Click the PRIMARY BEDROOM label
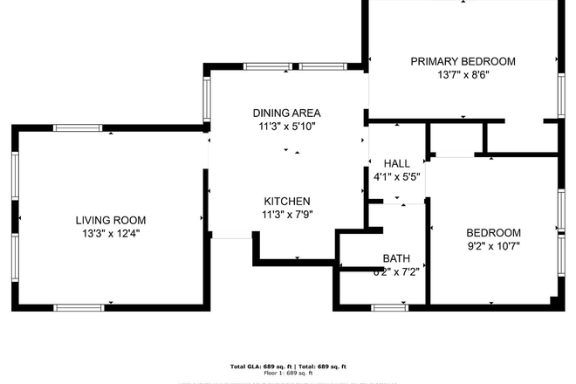click(463, 61)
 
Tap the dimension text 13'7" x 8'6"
click(463, 75)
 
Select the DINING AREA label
click(286, 113)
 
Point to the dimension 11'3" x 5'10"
click(286, 127)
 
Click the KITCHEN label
click(286, 202)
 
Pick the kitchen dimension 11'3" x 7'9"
click(286, 216)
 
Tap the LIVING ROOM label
click(110, 220)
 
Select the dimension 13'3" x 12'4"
click(110, 234)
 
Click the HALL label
click(396, 163)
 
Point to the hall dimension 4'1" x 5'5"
click(396, 177)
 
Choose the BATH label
click(396, 258)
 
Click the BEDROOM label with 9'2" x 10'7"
click(493, 232)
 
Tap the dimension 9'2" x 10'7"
click(493, 246)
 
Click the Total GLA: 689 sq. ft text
click(260, 366)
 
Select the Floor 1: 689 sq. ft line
click(288, 373)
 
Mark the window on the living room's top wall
click(79, 128)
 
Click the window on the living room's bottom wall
click(79, 307)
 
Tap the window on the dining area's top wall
click(268, 66)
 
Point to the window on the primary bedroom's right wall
click(561, 93)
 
